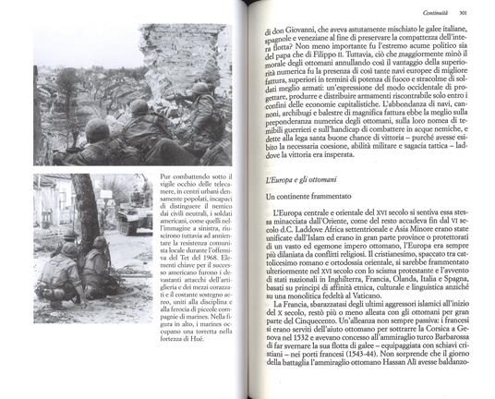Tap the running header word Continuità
[x=428, y=12]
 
